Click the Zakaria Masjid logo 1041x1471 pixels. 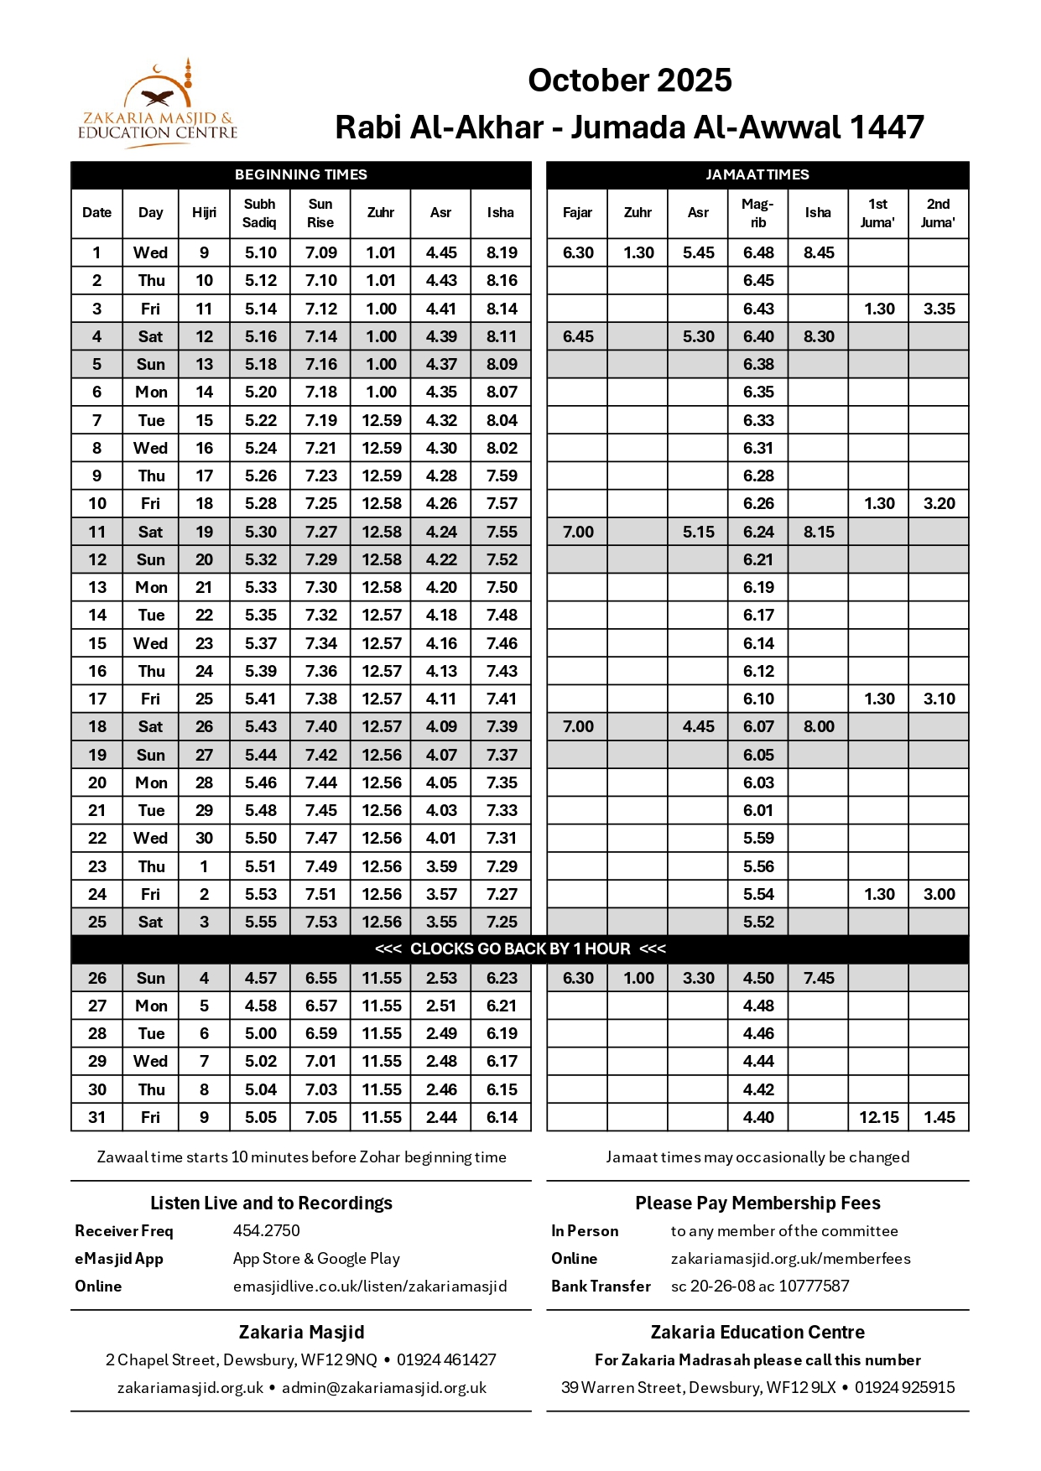158,105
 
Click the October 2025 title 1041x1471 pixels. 629,81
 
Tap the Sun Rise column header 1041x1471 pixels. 320,213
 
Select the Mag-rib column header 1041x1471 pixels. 757,213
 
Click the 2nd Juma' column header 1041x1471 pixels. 938,213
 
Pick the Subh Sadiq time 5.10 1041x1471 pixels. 261,252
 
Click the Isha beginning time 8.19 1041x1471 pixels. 502,252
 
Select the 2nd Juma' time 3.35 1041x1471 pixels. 939,309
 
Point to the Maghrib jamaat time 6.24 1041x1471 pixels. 758,532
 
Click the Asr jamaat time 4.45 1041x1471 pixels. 698,726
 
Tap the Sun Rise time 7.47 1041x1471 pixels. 321,838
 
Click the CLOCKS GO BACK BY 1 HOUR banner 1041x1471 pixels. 520,949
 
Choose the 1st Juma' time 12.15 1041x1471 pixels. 878,1117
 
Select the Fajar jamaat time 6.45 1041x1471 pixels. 578,336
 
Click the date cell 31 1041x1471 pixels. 97,1117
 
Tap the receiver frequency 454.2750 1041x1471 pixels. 266,1230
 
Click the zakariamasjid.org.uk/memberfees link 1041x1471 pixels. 790,1258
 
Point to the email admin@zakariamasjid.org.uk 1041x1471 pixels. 383,1387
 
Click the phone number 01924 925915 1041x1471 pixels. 904,1387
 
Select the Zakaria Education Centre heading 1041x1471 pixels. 757,1332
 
